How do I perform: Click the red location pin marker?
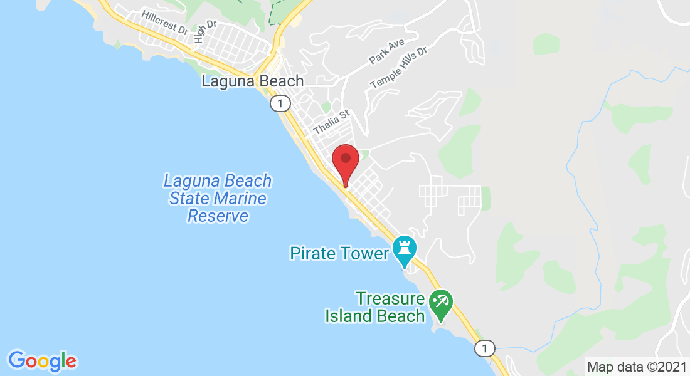345,162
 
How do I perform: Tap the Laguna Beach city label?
252,81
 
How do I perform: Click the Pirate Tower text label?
339,254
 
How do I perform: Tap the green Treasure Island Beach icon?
441,302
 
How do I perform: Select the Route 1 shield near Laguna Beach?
280,103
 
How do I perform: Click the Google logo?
42,361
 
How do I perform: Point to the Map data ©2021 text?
636,367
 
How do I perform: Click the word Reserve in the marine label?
218,216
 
